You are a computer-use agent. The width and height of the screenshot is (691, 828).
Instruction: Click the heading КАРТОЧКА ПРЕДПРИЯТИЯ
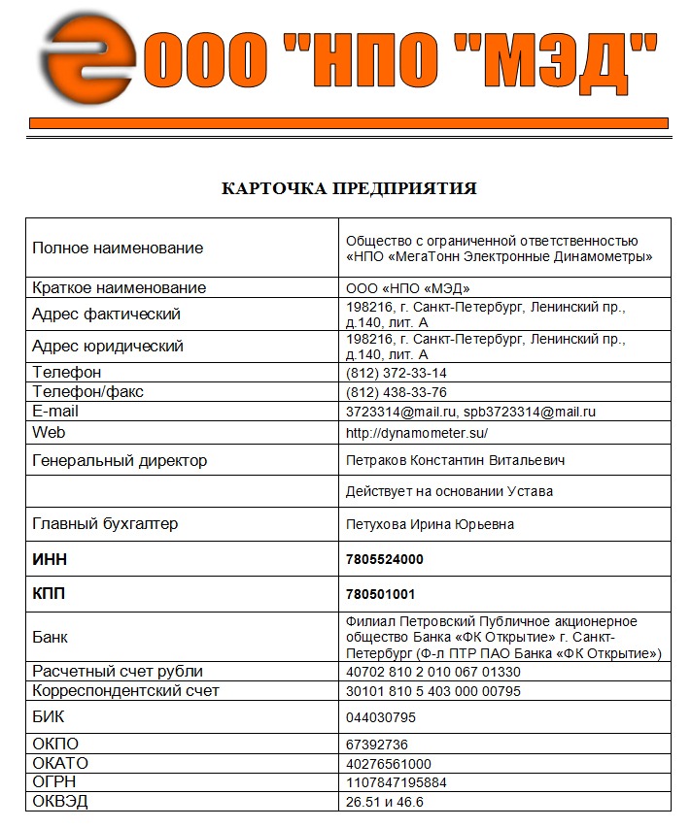click(x=350, y=188)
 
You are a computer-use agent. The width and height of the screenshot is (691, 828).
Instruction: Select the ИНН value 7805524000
click(x=385, y=559)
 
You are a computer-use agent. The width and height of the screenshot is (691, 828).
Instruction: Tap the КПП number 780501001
click(x=381, y=594)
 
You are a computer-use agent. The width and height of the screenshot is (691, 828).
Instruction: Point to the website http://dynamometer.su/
click(x=417, y=433)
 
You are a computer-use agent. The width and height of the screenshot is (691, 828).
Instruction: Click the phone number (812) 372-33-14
click(x=397, y=373)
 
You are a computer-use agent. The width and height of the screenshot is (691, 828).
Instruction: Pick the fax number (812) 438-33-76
click(x=397, y=392)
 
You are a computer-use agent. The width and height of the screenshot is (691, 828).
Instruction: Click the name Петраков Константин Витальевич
click(x=455, y=460)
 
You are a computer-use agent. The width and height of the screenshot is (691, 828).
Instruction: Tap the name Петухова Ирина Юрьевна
click(x=431, y=524)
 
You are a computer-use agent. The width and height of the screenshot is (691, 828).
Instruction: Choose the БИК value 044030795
click(x=381, y=717)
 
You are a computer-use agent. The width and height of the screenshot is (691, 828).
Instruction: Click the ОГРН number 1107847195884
click(x=397, y=782)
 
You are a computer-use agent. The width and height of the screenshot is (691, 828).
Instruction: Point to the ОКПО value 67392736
click(x=378, y=744)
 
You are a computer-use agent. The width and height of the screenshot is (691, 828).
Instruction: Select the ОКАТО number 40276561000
click(x=389, y=763)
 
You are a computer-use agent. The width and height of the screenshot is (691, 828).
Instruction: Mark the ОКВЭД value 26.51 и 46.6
click(x=385, y=802)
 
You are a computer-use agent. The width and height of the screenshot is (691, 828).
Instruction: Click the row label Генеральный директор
click(x=120, y=460)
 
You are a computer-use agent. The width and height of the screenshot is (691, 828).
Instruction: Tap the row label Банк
click(x=51, y=638)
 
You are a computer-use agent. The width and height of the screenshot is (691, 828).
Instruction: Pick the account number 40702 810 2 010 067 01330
click(x=433, y=672)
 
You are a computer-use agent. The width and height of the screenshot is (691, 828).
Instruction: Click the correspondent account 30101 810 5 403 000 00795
click(x=433, y=691)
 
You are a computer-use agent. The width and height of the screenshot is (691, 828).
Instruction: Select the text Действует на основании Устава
click(x=449, y=491)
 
